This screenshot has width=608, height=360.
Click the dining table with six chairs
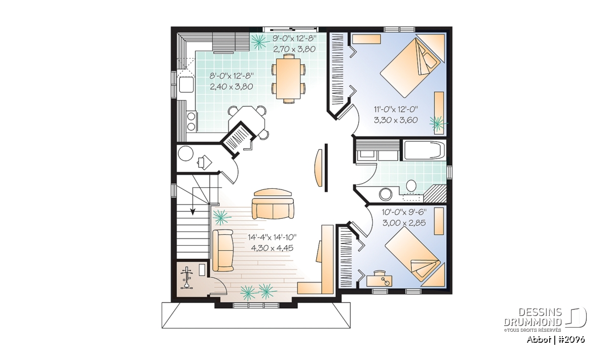[288, 78]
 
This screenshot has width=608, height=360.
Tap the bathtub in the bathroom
[424, 150]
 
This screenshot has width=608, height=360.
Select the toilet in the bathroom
[411, 186]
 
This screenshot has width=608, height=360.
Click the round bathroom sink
[386, 194]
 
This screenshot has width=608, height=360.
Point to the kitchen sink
[186, 85]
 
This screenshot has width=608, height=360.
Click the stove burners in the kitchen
[191, 122]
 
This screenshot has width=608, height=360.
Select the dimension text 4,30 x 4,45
[272, 248]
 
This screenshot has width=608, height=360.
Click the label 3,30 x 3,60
[396, 120]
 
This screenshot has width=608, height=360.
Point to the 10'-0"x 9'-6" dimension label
[404, 212]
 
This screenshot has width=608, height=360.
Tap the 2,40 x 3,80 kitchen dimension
[231, 87]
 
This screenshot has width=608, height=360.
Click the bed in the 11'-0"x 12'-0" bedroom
[410, 67]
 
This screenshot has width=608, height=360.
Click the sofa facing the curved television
[273, 208]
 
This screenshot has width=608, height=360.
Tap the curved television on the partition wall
[318, 168]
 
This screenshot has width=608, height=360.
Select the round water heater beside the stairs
[185, 153]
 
